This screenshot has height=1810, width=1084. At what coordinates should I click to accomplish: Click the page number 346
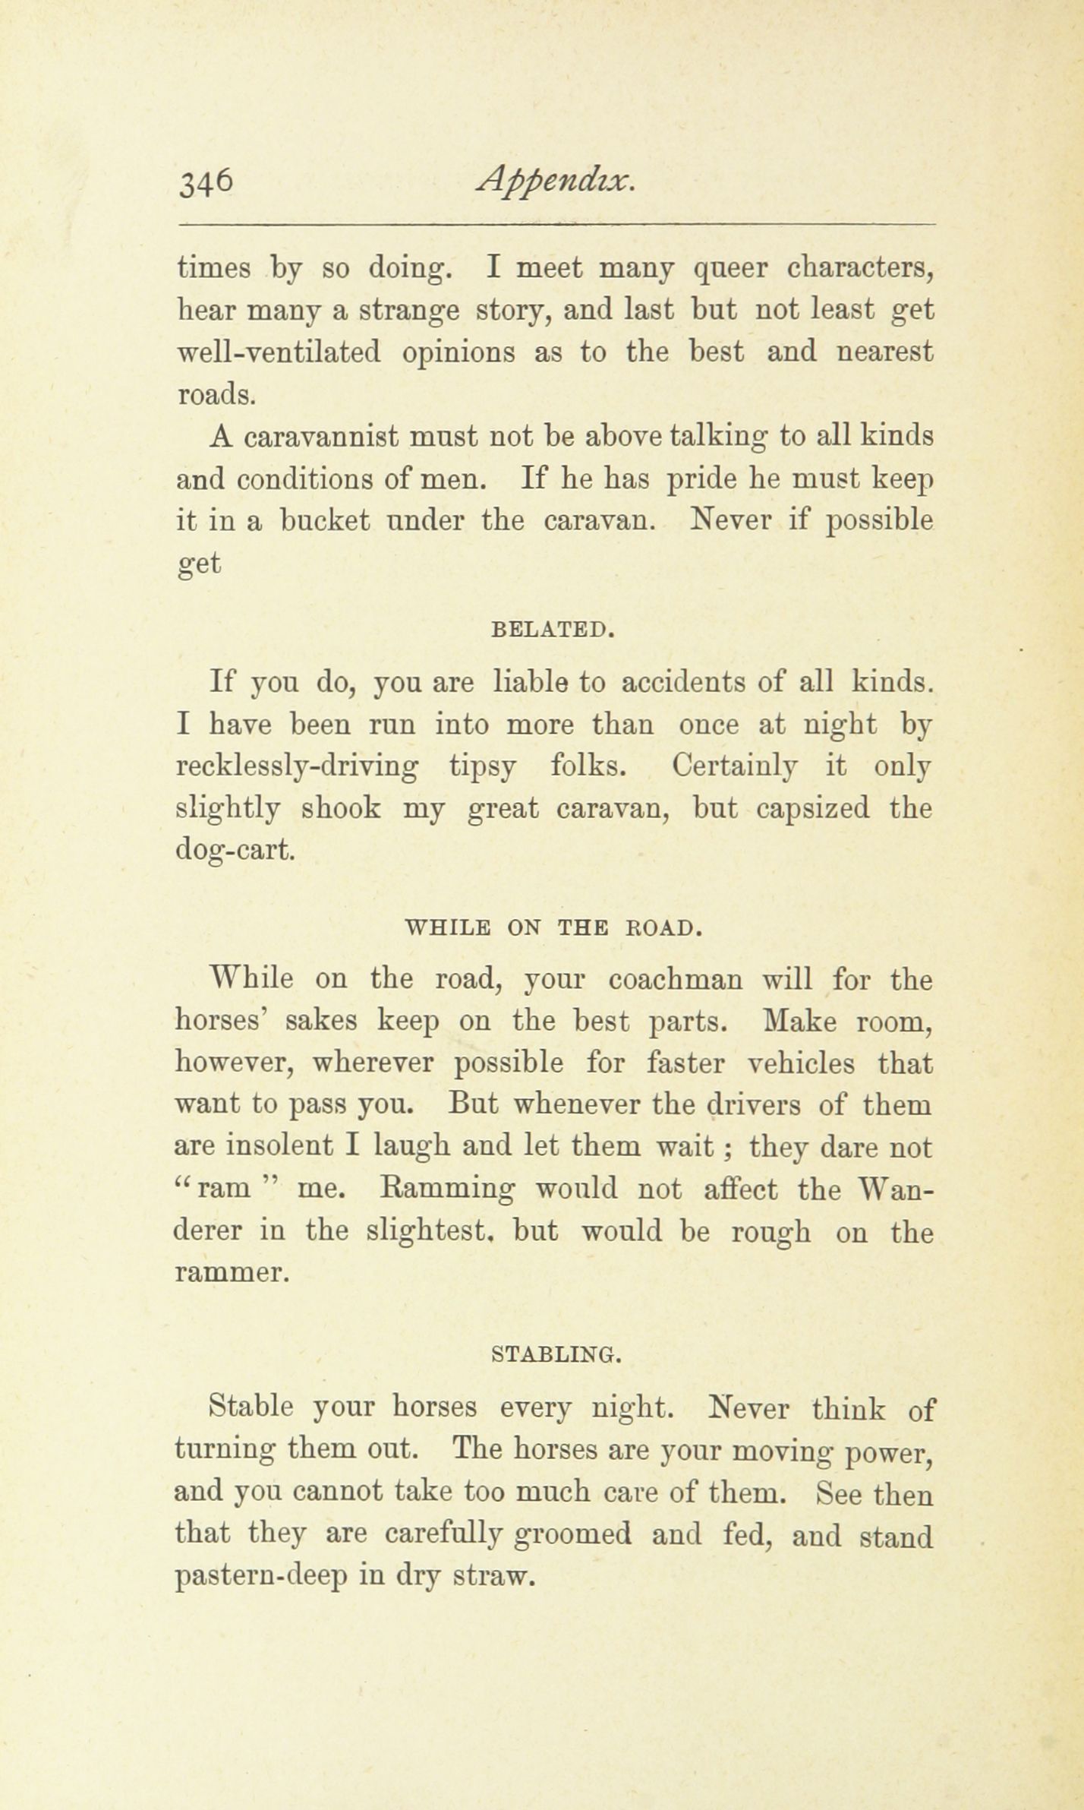coord(204,184)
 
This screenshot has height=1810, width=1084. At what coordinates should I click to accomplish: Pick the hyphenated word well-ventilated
coord(278,353)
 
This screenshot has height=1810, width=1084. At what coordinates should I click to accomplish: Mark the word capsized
coord(814,810)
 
